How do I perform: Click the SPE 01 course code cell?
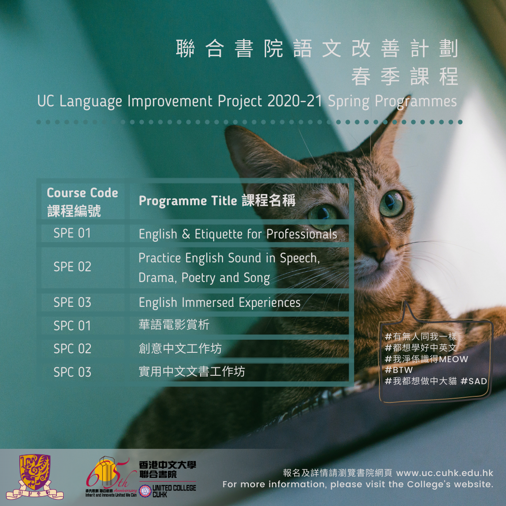72,233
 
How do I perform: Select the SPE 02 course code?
72,267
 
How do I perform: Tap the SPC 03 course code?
72,372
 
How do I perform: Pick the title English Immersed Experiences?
219,303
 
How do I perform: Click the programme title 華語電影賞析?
174,325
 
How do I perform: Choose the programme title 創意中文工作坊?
180,349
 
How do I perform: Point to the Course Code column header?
82,202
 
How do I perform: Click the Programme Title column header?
217,201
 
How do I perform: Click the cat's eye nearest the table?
323,216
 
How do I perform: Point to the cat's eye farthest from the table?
391,204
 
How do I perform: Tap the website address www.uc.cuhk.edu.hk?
445,473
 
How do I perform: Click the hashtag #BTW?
399,370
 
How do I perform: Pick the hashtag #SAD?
474,381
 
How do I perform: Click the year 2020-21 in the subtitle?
295,101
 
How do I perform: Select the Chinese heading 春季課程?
405,77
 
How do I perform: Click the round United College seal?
145,491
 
